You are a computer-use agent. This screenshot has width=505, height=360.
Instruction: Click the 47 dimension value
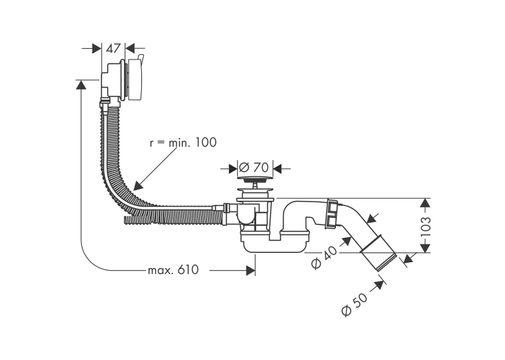click(x=113, y=49)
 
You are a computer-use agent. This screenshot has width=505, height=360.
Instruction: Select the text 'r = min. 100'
click(x=183, y=142)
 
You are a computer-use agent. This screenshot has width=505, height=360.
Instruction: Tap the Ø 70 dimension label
click(x=253, y=167)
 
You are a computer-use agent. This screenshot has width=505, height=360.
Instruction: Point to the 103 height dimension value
click(x=425, y=227)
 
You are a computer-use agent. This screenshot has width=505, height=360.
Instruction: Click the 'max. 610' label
click(x=173, y=270)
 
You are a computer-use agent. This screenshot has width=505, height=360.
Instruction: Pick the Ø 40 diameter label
click(x=325, y=257)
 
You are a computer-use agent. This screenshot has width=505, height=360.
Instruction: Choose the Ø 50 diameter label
click(x=354, y=305)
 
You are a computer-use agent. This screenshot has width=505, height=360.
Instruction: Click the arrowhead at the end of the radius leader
click(x=137, y=186)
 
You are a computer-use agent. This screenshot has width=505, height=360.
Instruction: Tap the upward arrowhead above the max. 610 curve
click(x=81, y=85)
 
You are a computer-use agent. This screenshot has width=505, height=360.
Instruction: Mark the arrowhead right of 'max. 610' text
click(x=251, y=270)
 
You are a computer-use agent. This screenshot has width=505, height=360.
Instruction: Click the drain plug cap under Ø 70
click(x=255, y=178)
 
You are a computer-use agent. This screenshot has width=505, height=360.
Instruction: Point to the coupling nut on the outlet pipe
click(x=332, y=214)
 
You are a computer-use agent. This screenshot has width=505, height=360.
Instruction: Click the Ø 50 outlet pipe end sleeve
click(x=378, y=254)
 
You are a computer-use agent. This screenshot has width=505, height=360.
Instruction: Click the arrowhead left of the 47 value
click(x=97, y=49)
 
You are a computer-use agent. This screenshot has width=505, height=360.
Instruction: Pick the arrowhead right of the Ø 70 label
click(x=277, y=168)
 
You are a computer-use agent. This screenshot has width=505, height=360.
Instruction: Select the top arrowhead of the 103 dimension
click(x=425, y=202)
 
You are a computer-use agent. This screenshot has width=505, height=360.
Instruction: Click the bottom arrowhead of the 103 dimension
click(x=425, y=248)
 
